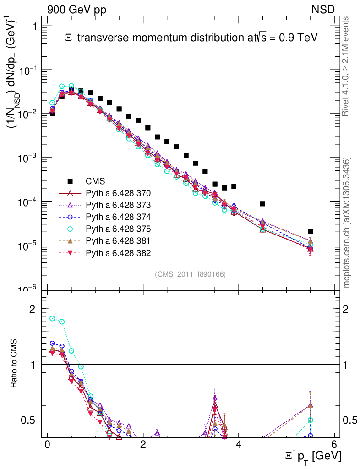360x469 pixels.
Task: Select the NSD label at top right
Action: click(323, 9)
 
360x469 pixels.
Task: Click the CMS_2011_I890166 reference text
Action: click(190, 274)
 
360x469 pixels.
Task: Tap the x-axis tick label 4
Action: click(238, 445)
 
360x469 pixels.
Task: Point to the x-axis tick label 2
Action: click(143, 445)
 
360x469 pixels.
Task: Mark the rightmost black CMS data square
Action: click(310, 231)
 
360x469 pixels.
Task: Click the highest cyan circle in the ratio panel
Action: click(52, 318)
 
